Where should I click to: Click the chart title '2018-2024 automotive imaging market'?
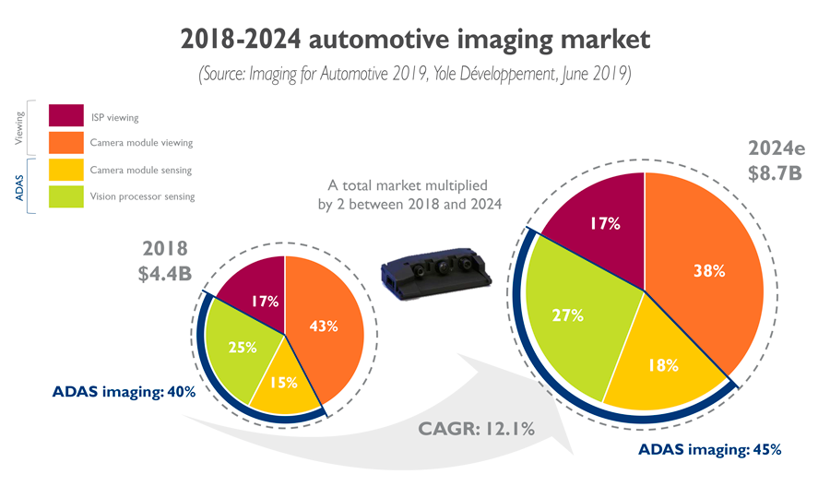point(414,40)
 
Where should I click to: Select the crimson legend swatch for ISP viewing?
point(66,117)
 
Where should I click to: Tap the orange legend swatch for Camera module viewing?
point(66,143)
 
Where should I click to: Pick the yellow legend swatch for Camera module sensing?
point(66,170)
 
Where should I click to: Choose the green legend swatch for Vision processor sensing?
point(66,196)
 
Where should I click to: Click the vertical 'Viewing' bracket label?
point(19,129)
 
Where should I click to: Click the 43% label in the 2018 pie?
point(323,326)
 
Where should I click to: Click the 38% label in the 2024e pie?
point(703,271)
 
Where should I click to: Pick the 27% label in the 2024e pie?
point(568,314)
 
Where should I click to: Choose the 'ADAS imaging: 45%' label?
point(709,450)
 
